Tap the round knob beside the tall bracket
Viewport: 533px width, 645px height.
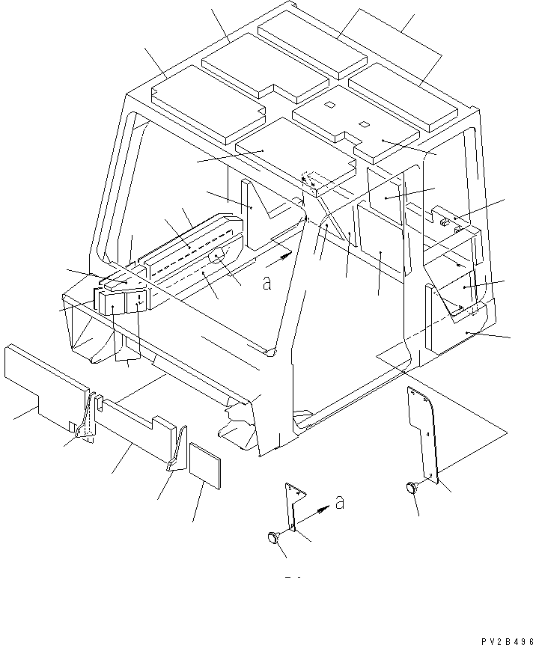[411, 488]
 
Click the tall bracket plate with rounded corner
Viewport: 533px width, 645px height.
[423, 430]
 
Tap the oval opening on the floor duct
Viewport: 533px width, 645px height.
[217, 257]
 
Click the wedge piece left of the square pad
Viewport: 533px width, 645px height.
[177, 450]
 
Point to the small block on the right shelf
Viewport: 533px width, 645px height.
[444, 220]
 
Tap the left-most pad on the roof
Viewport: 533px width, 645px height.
[207, 103]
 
